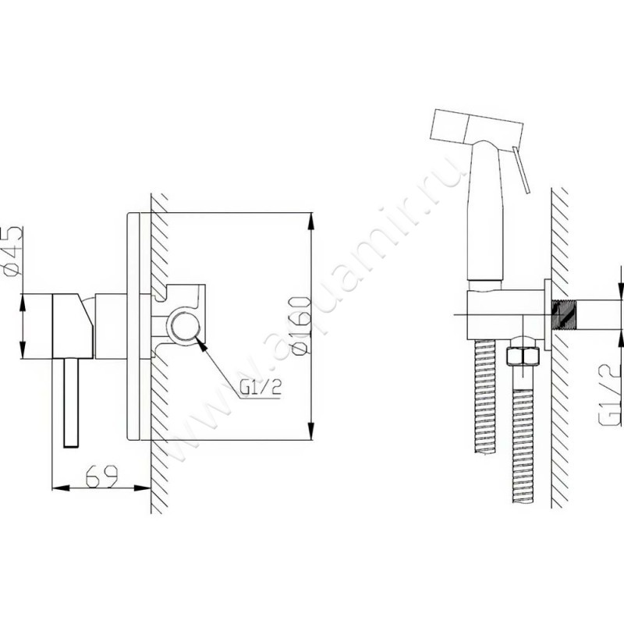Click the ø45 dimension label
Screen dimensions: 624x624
click(12, 250)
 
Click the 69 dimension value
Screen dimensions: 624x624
click(102, 476)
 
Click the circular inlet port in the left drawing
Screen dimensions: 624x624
click(185, 326)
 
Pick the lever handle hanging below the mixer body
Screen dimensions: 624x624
click(72, 402)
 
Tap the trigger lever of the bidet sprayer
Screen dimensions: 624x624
click(521, 170)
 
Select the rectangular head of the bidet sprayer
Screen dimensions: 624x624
click(476, 129)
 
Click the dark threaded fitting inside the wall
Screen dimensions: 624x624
click(562, 315)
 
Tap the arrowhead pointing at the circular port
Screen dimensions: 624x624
click(202, 346)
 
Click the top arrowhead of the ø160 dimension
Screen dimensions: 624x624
click(310, 222)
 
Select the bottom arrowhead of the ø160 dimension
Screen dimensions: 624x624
click(310, 431)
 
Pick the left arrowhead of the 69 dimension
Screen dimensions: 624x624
click(61, 488)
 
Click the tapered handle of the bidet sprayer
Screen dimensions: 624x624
click(486, 211)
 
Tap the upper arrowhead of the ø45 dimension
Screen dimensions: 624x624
click(23, 303)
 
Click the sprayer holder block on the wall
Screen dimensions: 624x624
click(505, 315)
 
